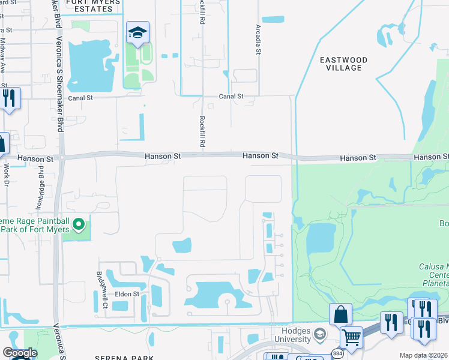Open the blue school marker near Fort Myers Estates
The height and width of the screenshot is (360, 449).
point(137,34)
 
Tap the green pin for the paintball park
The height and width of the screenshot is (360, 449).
point(78,225)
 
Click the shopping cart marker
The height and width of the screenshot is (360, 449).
point(351,337)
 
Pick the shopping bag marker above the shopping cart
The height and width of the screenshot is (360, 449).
point(340,315)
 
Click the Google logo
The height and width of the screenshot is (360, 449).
point(19,353)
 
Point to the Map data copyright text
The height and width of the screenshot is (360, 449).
point(423,355)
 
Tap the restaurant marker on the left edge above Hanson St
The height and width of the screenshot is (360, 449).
point(8,98)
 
